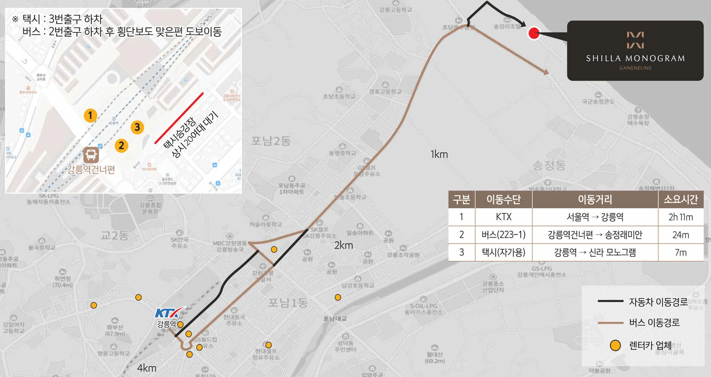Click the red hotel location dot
coord(534,33)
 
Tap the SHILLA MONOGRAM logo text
coord(635,58)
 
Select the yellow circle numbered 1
coord(90,115)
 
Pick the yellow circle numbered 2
coord(121,146)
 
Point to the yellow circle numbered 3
coord(137,127)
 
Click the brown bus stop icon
coord(91,155)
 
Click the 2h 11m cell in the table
coord(680,217)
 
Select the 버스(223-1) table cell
coord(503,235)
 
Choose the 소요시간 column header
coord(680,199)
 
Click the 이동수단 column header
coord(503,199)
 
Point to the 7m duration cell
coord(680,252)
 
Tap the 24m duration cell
coord(680,235)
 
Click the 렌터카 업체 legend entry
coord(650,345)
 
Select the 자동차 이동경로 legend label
coord(658,302)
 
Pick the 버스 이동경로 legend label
coord(654,323)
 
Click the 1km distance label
coord(439,154)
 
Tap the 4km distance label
coord(147,368)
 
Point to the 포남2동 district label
coord(271,141)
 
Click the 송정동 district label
coord(549,165)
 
